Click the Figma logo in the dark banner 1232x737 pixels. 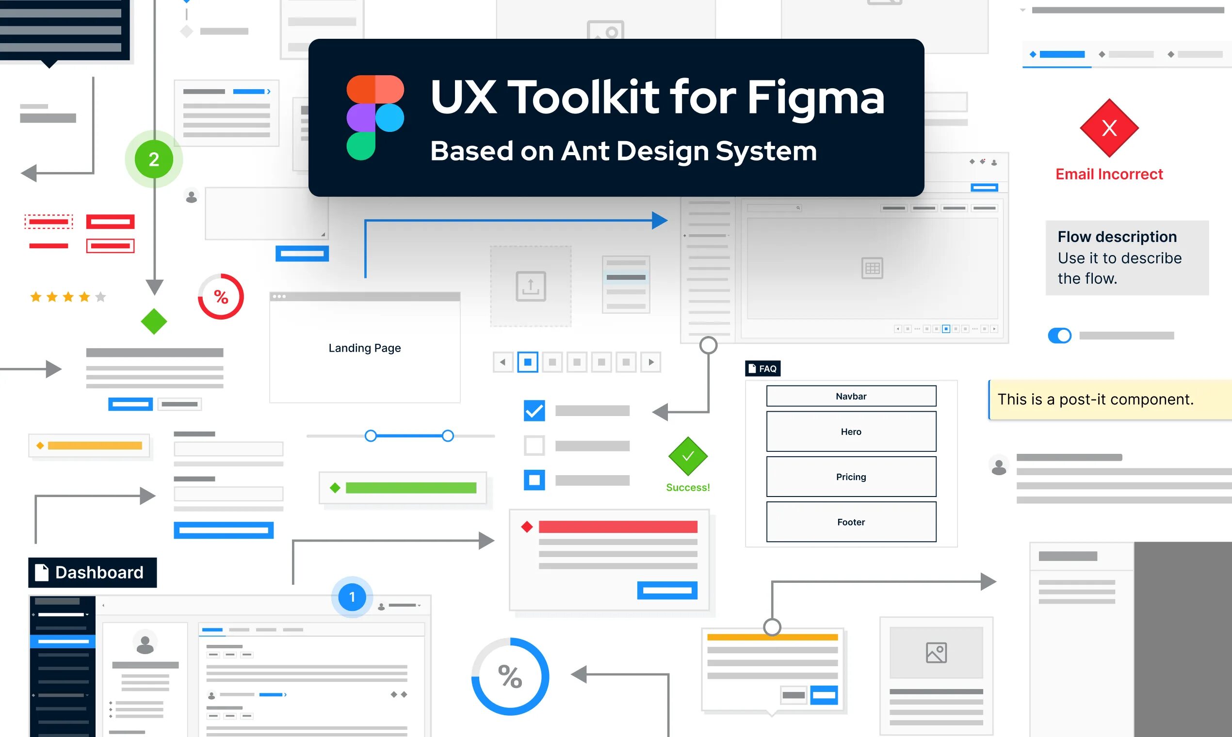[x=375, y=118]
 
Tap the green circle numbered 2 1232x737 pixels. [x=154, y=160]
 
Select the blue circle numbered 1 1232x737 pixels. [x=352, y=597]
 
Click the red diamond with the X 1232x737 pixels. [x=1109, y=128]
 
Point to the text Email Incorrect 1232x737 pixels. [x=1109, y=175]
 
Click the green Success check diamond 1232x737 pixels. [x=688, y=456]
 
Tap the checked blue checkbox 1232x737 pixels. [x=534, y=411]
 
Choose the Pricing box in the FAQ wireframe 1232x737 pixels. [x=851, y=477]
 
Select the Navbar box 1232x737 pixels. [x=851, y=396]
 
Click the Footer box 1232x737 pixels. [x=851, y=522]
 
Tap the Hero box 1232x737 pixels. [x=851, y=432]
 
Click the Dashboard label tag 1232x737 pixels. [x=92, y=573]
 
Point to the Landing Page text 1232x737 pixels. [x=365, y=348]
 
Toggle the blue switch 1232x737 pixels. [x=1060, y=336]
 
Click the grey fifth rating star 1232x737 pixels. [x=100, y=297]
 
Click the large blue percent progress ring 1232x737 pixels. [x=510, y=676]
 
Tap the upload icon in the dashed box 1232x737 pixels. [x=531, y=286]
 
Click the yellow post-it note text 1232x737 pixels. [x=1095, y=400]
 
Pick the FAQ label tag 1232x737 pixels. [x=762, y=368]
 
